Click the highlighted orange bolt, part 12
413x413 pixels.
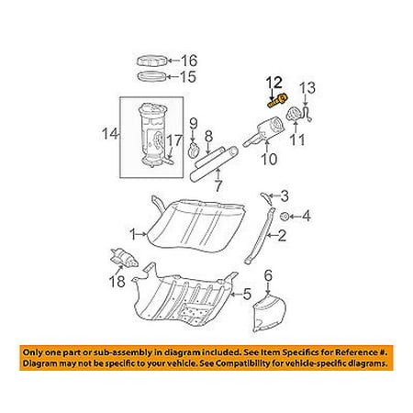point(278,101)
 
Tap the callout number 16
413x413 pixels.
point(189,61)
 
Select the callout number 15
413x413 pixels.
point(188,76)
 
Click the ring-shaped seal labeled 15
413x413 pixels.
point(152,76)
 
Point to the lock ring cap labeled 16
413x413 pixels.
point(152,61)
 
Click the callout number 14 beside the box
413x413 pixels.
point(110,134)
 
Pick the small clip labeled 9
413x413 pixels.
point(194,151)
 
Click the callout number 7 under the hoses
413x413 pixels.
point(218,186)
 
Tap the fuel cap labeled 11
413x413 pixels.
point(294,114)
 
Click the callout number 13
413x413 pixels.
point(307,88)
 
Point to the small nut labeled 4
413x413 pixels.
point(285,217)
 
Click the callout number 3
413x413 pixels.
point(285,196)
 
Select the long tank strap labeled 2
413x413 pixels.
point(261,235)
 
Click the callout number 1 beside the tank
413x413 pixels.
point(132,235)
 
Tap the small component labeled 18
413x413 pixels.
point(124,259)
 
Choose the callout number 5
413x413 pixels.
point(247,294)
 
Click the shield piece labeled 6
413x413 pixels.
point(269,313)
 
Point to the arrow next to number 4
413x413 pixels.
point(296,217)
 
